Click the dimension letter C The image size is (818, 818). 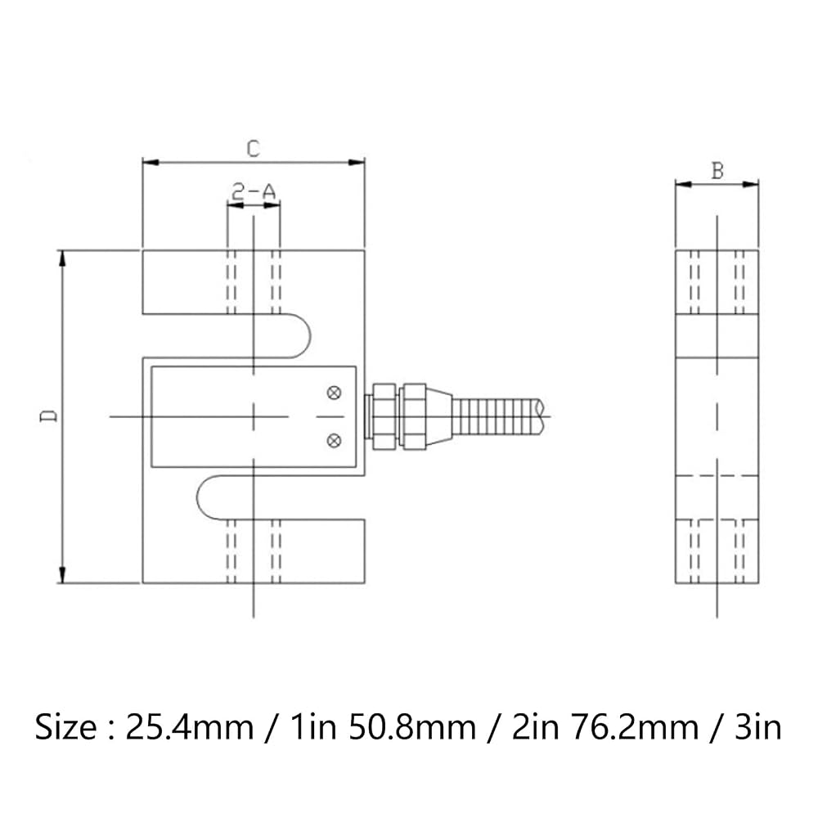pyautogui.click(x=253, y=149)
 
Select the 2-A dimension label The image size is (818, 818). pyautogui.click(x=254, y=193)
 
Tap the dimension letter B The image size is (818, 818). pyautogui.click(x=718, y=171)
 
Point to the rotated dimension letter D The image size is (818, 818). pyautogui.click(x=50, y=416)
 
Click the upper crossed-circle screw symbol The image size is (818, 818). pyautogui.click(x=334, y=393)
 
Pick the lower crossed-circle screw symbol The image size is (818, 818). pyautogui.click(x=334, y=441)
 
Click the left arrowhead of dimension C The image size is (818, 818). pyautogui.click(x=151, y=163)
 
